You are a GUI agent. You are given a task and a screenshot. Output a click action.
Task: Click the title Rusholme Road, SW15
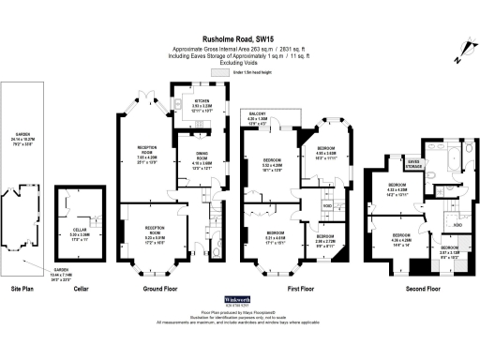(x=239, y=38)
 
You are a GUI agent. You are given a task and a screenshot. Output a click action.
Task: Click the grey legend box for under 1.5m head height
(x=219, y=71)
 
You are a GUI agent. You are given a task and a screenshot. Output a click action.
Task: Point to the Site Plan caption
(x=22, y=289)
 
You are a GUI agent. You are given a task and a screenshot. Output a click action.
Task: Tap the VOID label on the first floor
(x=327, y=205)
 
